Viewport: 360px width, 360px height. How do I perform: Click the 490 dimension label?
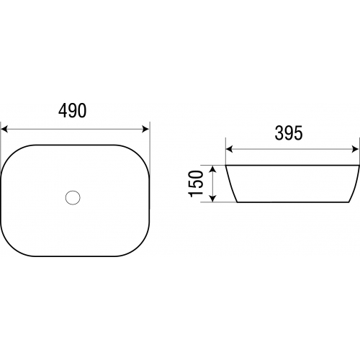[x=72, y=111]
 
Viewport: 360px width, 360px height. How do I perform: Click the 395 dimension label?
[x=289, y=133]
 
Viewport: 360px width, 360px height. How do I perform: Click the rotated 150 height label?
[x=196, y=184]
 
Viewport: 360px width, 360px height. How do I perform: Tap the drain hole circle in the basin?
[x=73, y=198]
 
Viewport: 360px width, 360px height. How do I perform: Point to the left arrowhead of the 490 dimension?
[x=4, y=129]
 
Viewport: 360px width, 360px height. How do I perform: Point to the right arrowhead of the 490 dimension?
[x=145, y=129]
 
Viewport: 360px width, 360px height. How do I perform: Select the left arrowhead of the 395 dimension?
[x=230, y=149]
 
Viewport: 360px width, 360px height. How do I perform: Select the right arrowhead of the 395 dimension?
[x=356, y=149]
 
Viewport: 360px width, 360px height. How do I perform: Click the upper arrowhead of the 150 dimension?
[x=212, y=169]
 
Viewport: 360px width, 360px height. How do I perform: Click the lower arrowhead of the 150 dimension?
[x=212, y=198]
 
